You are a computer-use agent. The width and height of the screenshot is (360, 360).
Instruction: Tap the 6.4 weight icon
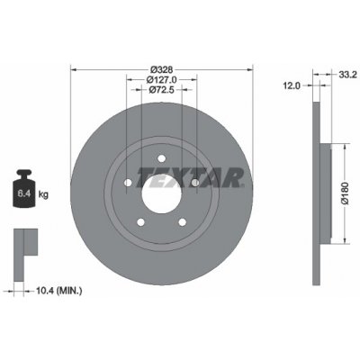click(x=24, y=190)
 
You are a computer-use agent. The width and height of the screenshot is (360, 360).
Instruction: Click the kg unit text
click(x=46, y=192)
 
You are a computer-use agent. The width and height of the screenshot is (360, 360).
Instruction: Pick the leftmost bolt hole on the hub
click(x=129, y=183)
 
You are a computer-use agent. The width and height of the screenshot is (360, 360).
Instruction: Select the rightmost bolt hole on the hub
click(x=194, y=183)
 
